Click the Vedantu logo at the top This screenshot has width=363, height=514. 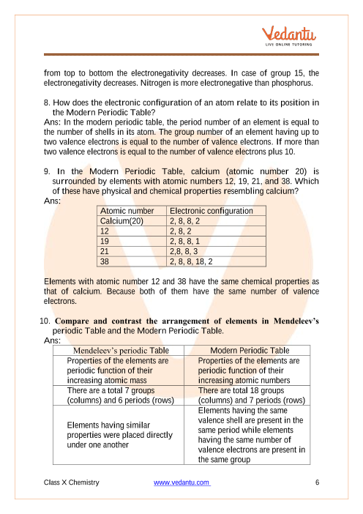tap(288, 36)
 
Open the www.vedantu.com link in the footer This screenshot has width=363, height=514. tap(181, 483)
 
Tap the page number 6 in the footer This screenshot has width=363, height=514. tap(317, 483)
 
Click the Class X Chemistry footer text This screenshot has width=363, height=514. tap(72, 483)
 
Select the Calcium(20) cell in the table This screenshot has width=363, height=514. tap(132, 221)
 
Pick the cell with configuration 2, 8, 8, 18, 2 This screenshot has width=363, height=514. tap(216, 261)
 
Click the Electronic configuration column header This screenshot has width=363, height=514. tap(216, 211)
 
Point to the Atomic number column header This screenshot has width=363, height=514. tap(132, 211)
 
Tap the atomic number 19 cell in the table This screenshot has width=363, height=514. tap(132, 242)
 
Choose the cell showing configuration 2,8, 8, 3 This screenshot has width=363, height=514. tap(216, 251)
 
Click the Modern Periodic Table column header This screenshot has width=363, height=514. tap(247, 351)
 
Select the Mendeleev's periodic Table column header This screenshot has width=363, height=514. tap(119, 351)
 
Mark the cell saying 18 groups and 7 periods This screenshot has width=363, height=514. tap(247, 395)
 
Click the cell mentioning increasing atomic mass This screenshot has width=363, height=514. tap(119, 370)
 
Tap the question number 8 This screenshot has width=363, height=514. tap(47, 103)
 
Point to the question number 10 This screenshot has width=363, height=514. tap(45, 321)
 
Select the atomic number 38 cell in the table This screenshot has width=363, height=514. tap(132, 261)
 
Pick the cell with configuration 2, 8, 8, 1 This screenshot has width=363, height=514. tap(216, 242)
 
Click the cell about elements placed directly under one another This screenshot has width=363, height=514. tap(119, 435)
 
